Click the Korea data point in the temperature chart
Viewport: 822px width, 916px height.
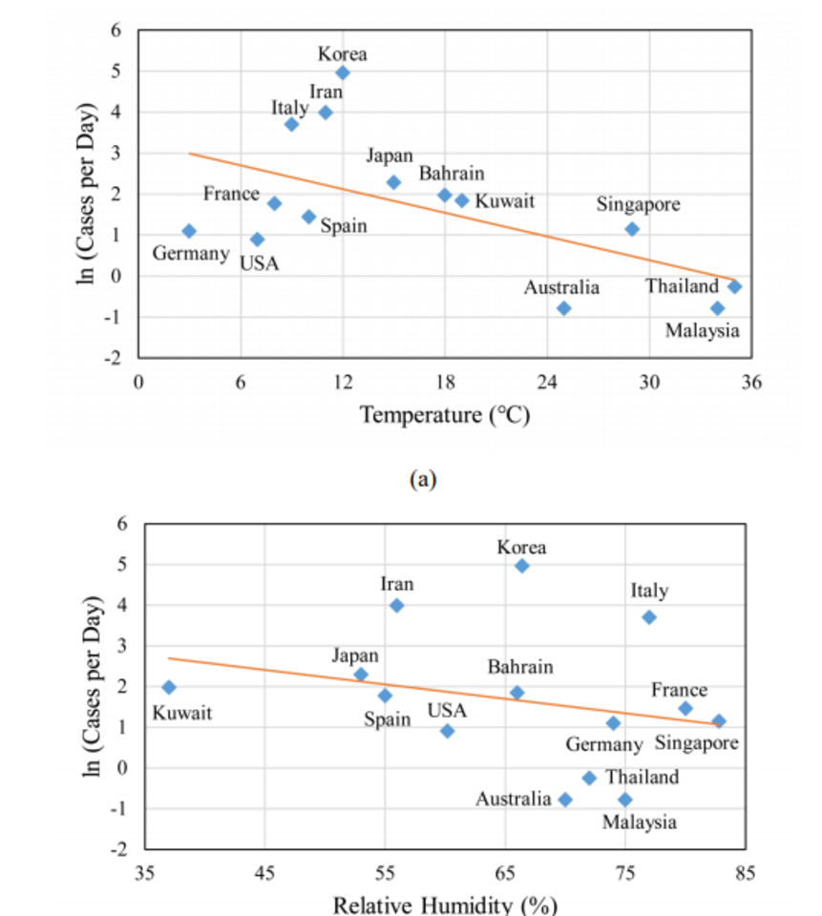(x=343, y=73)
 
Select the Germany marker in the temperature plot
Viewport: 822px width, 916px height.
(x=189, y=231)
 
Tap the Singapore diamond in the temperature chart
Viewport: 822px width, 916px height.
(x=632, y=229)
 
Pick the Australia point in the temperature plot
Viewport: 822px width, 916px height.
(x=564, y=308)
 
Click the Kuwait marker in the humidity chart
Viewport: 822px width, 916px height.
(x=169, y=687)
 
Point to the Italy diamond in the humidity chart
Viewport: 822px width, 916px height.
(x=649, y=617)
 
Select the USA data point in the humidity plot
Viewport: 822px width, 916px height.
(x=447, y=731)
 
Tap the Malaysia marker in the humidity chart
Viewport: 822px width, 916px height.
(x=625, y=800)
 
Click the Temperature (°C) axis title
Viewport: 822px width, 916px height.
(x=444, y=416)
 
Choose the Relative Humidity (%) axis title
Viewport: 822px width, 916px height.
(x=444, y=904)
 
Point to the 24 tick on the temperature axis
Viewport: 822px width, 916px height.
(x=547, y=383)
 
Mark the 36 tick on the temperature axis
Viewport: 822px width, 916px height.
(x=751, y=383)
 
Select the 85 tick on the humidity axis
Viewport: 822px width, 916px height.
(x=746, y=872)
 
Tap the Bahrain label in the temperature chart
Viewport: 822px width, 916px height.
(x=452, y=174)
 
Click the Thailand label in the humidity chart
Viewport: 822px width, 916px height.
(x=643, y=777)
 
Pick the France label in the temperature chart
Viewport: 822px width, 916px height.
(x=231, y=194)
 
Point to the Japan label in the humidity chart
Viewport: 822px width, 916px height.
(x=355, y=656)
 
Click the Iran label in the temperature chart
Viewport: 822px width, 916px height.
(x=326, y=92)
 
